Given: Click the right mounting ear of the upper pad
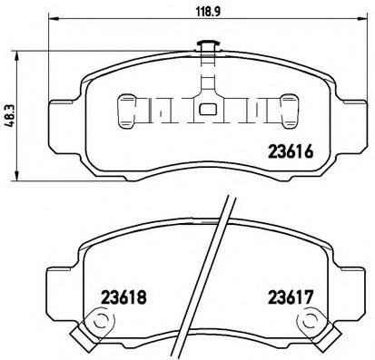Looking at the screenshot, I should tap(352, 113).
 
